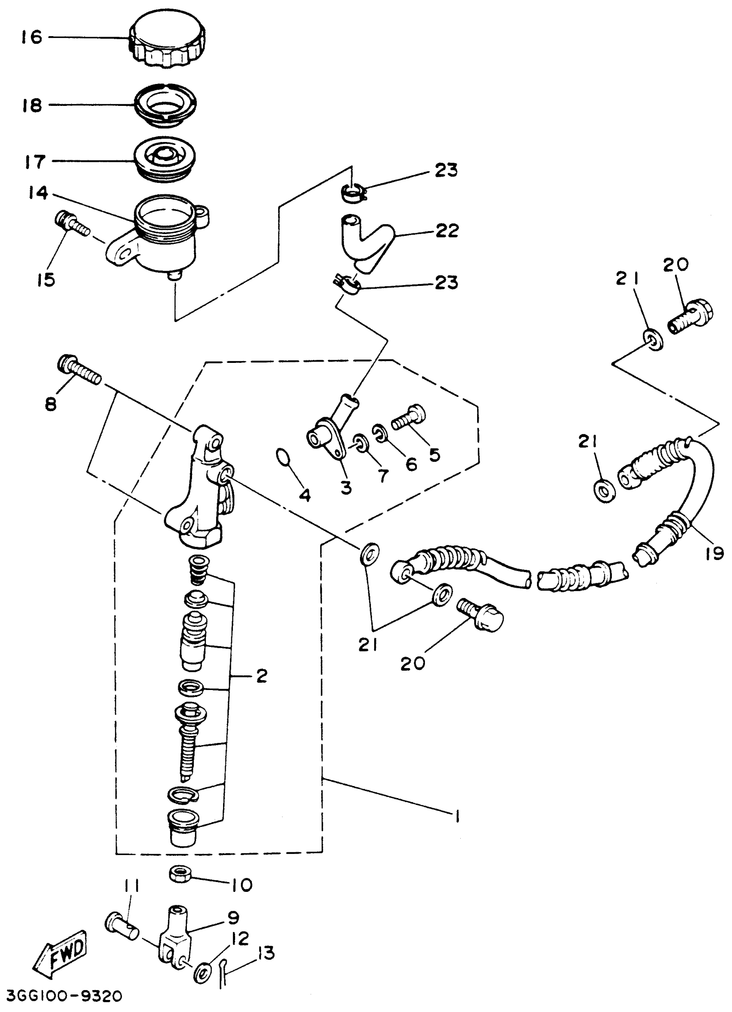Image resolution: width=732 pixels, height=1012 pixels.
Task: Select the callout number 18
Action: click(x=32, y=105)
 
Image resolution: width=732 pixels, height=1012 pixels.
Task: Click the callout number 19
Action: click(x=715, y=554)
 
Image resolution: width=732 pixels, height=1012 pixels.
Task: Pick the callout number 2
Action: click(x=261, y=676)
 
